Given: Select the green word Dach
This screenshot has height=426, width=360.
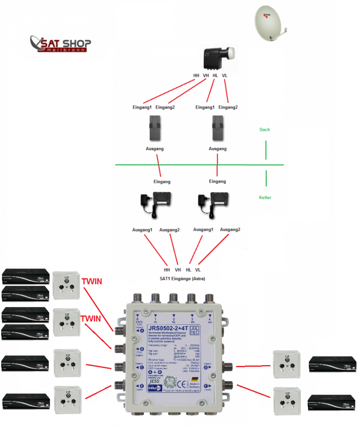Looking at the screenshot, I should click(x=265, y=130).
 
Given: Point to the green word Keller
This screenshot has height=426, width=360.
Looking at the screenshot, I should click(x=265, y=198).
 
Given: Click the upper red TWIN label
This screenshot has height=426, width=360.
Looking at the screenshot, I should click(x=91, y=281).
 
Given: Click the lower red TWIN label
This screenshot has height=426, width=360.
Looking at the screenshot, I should click(x=91, y=318).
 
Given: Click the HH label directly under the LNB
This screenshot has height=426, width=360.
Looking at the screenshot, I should click(x=196, y=75).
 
